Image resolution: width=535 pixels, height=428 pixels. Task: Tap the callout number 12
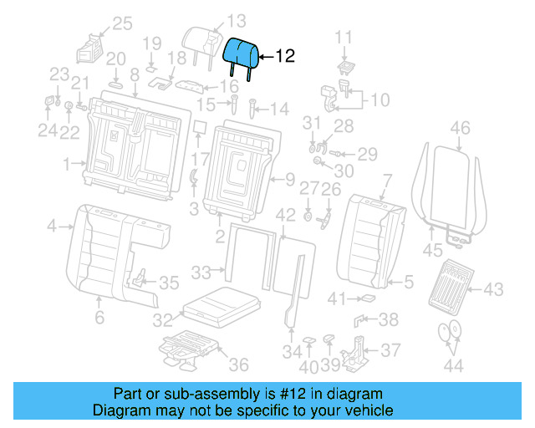click(284, 57)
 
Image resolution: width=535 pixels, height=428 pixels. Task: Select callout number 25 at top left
click(122, 23)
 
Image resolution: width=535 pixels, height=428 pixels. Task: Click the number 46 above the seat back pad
click(461, 128)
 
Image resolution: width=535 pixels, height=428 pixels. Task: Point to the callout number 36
click(238, 364)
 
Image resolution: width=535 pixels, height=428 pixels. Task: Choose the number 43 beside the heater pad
click(493, 289)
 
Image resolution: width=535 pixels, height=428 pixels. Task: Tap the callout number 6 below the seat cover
click(99, 317)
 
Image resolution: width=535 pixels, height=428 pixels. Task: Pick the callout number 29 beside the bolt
click(368, 154)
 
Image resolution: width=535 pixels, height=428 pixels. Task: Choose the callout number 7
click(386, 179)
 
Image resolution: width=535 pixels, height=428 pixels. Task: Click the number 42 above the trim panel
click(286, 215)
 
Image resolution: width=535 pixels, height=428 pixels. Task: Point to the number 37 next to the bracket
click(390, 349)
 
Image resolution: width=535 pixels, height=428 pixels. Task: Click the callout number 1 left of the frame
click(68, 164)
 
